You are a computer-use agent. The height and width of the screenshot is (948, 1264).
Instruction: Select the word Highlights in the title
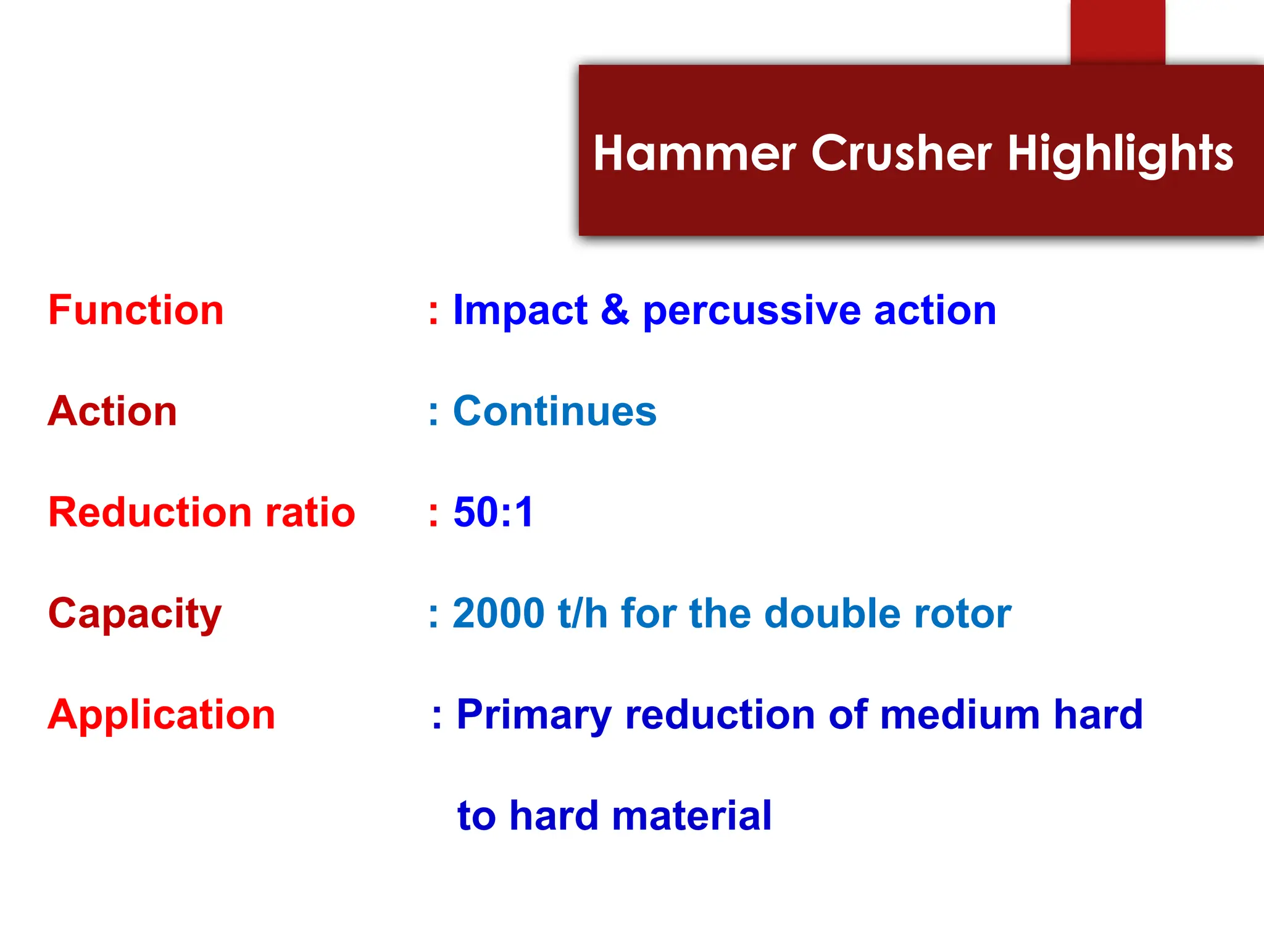(x=1120, y=154)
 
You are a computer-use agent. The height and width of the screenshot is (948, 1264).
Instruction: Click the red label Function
(x=136, y=310)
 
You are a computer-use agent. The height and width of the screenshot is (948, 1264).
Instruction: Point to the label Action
(x=112, y=411)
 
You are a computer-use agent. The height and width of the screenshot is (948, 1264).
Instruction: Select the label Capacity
(x=135, y=615)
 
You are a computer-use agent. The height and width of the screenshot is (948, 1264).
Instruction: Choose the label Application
(x=161, y=716)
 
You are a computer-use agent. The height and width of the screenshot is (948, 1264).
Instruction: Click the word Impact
(x=520, y=311)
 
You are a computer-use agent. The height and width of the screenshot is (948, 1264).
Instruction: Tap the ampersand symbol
(x=615, y=310)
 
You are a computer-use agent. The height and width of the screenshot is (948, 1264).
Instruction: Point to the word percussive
(x=751, y=311)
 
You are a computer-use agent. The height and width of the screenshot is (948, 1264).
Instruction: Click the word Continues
(x=554, y=411)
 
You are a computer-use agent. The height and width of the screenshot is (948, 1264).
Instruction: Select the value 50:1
(x=493, y=512)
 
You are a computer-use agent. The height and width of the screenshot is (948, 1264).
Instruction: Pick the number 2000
(x=499, y=613)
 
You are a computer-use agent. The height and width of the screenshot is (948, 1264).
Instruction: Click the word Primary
(x=533, y=716)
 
